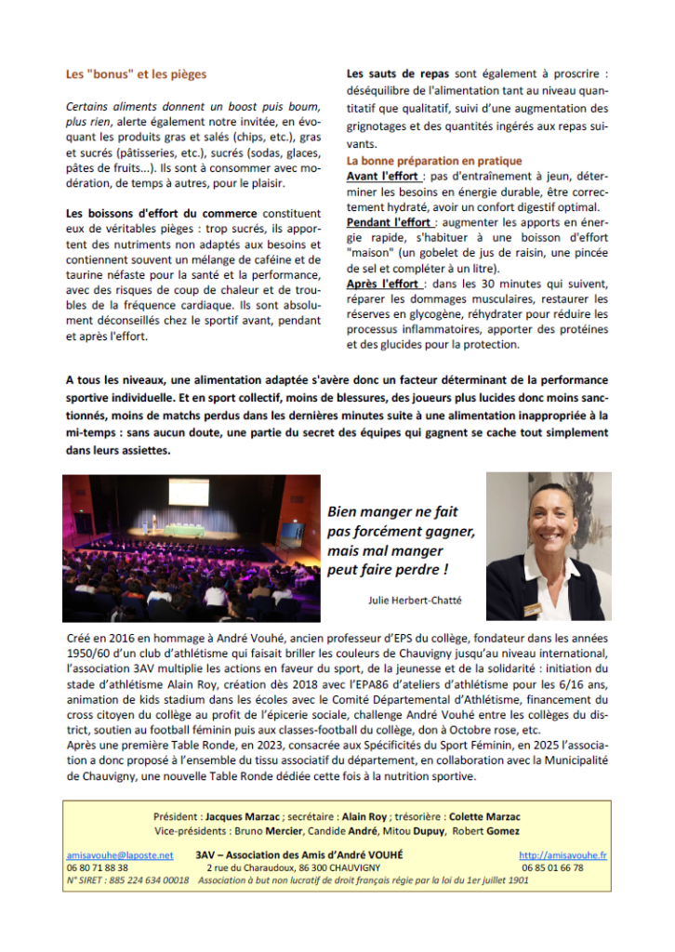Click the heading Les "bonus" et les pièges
click(137, 73)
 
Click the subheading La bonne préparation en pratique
click(434, 161)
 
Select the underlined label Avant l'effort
click(382, 177)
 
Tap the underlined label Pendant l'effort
click(389, 223)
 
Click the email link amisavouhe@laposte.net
click(120, 854)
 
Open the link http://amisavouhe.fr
click(564, 854)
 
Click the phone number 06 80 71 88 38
click(98, 867)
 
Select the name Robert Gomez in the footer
click(489, 831)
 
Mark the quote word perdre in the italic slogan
click(430, 569)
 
